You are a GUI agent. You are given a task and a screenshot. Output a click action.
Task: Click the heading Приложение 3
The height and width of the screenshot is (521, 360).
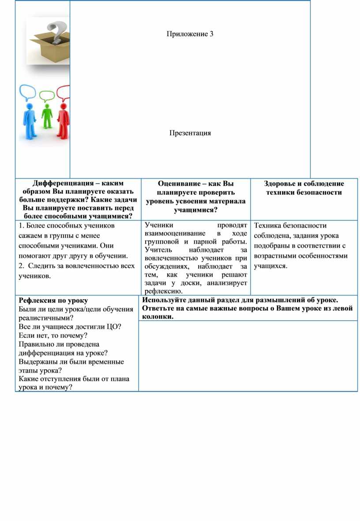pos(190,34)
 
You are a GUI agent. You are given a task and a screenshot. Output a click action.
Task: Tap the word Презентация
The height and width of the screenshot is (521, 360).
pos(190,133)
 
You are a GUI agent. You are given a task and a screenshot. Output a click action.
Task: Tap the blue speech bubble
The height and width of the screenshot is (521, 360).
pos(27,93)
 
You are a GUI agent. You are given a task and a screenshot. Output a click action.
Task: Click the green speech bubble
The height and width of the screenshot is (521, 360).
pos(46,95)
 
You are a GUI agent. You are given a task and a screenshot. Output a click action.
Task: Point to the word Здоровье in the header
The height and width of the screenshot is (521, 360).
pos(282,184)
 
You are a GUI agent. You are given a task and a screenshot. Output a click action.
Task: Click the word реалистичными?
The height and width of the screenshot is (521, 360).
pos(46,318)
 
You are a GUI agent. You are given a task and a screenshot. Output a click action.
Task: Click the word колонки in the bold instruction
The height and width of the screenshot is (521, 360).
pos(156,316)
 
